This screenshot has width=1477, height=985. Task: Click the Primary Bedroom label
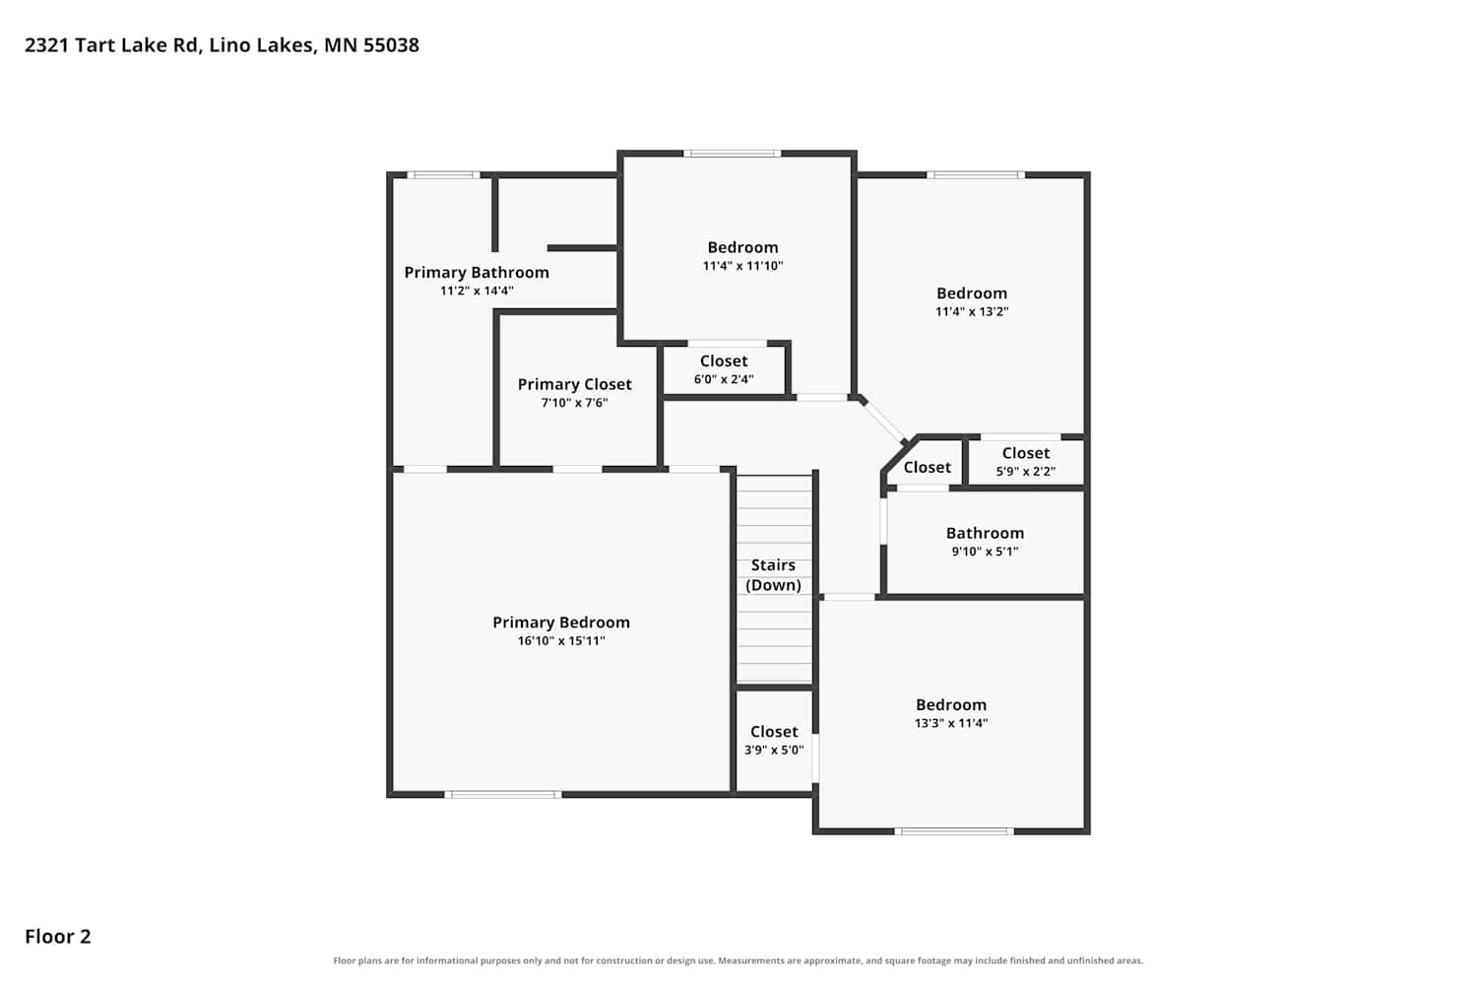(x=561, y=623)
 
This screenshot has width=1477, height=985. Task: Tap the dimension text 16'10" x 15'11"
(x=561, y=640)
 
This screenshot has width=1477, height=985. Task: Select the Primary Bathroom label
(x=477, y=273)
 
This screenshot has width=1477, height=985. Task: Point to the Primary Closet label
(x=574, y=384)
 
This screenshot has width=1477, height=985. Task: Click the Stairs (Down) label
(x=773, y=575)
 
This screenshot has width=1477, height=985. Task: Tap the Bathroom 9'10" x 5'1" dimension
(x=985, y=552)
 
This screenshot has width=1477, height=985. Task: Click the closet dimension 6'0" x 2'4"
(x=724, y=379)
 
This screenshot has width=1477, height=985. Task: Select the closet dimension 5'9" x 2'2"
(x=1025, y=472)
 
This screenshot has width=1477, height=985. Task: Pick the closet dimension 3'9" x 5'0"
(x=774, y=751)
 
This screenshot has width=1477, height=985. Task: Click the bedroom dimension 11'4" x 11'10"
(x=742, y=266)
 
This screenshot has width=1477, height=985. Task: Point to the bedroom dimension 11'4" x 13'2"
(x=972, y=311)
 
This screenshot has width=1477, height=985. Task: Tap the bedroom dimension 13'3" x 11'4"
(x=951, y=723)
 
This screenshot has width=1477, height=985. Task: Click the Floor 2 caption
(x=58, y=936)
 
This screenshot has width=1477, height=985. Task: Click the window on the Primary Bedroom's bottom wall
(x=503, y=795)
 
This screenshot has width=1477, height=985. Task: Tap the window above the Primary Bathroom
(x=443, y=174)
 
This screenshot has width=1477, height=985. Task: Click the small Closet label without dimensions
(x=928, y=467)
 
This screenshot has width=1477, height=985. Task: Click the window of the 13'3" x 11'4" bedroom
(x=954, y=831)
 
